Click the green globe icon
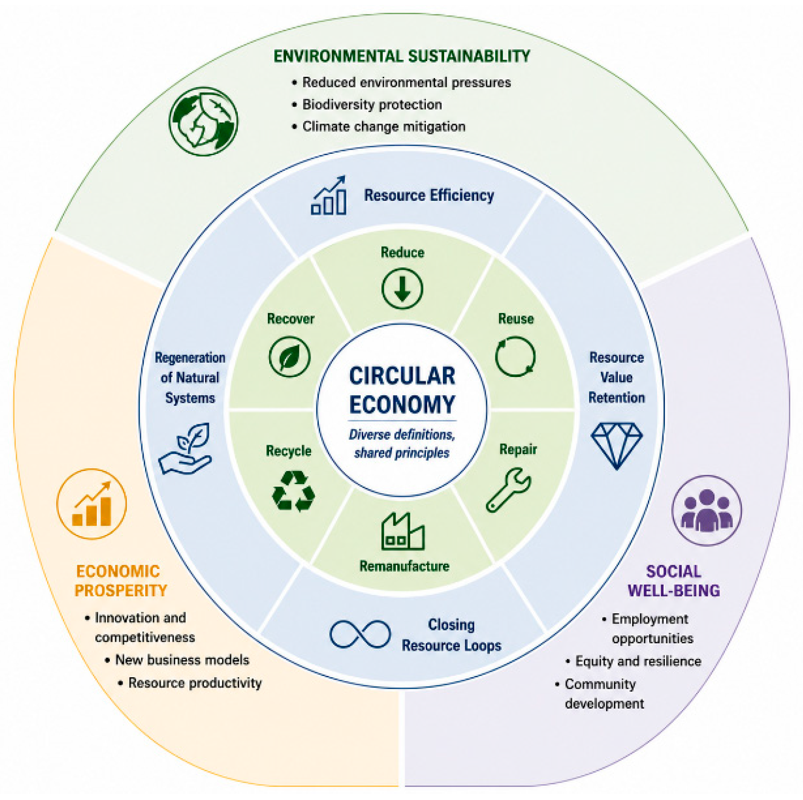(204, 122)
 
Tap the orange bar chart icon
(92, 504)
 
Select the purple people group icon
(707, 510)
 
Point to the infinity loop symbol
(360, 634)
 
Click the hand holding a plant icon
(185, 449)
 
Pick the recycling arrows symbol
(294, 490)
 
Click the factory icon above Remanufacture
(403, 531)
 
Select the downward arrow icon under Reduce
(402, 289)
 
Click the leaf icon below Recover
(289, 356)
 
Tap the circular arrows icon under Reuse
(515, 356)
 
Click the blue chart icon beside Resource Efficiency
(329, 195)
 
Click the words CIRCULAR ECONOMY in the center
(402, 390)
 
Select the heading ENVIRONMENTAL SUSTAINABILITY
(402, 56)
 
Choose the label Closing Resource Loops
(452, 635)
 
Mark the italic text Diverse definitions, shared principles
(402, 444)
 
